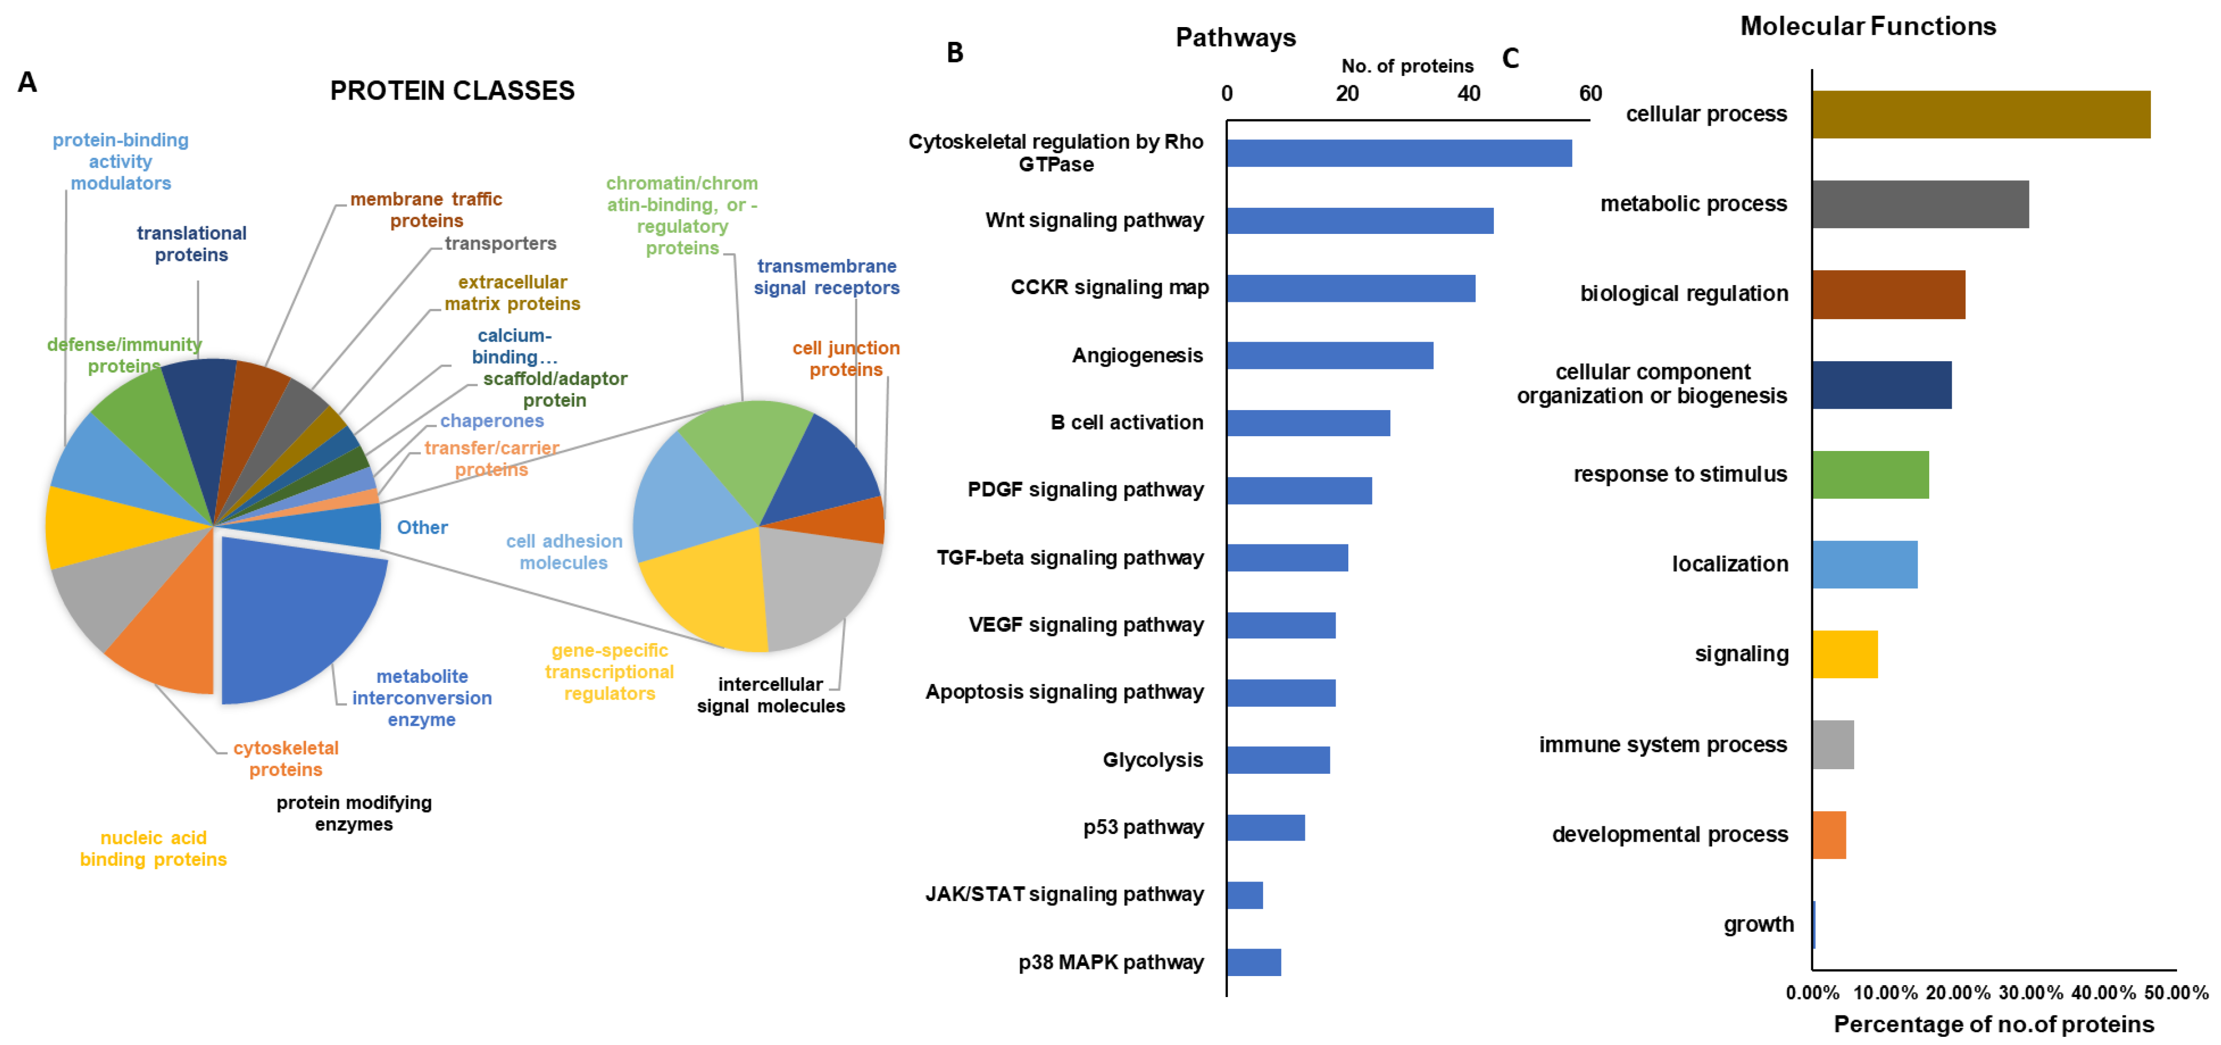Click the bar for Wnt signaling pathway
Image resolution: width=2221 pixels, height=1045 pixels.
click(x=1359, y=221)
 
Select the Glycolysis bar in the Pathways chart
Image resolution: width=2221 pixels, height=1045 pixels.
click(x=1278, y=759)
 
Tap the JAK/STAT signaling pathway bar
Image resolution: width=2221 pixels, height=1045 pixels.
click(x=1244, y=895)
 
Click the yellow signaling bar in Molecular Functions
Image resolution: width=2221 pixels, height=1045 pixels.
click(x=1844, y=654)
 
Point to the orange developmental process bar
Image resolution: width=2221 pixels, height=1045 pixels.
click(x=1829, y=835)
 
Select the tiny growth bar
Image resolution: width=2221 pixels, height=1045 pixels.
click(x=1814, y=924)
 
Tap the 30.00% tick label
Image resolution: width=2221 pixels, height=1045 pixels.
click(x=2030, y=992)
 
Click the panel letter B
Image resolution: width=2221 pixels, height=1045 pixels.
click(x=954, y=53)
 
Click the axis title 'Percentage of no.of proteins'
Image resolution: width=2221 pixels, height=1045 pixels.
click(x=1994, y=1024)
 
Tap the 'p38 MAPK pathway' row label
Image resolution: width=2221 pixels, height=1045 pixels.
click(x=1111, y=962)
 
